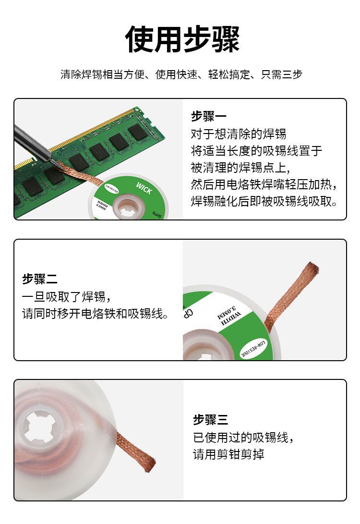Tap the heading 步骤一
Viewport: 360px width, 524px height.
(x=208, y=116)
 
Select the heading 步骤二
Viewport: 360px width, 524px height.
(x=40, y=279)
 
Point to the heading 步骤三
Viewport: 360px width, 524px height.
(x=210, y=420)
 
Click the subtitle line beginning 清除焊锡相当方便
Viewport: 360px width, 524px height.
(x=181, y=74)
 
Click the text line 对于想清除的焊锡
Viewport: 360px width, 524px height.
(x=238, y=134)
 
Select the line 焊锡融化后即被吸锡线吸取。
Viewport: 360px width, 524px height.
(x=264, y=201)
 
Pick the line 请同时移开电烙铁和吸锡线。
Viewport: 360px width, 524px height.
(x=96, y=314)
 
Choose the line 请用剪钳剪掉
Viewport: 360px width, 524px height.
(x=228, y=454)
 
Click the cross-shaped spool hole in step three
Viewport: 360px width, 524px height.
(x=40, y=427)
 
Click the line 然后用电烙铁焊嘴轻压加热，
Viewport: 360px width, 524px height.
(x=264, y=184)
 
